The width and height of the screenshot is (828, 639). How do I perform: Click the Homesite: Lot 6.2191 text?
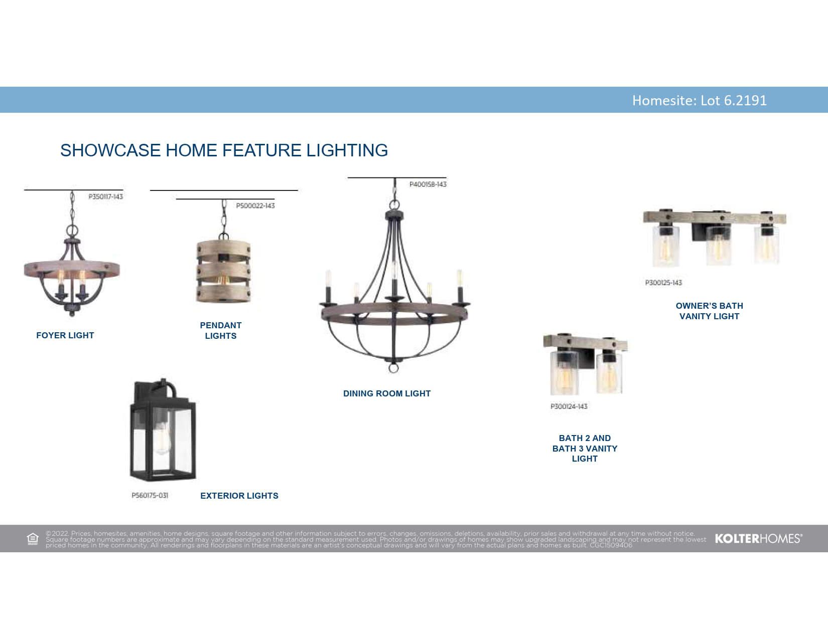pos(699,100)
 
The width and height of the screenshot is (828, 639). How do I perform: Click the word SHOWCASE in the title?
pos(110,150)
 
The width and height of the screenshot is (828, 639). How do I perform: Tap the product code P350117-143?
pos(105,196)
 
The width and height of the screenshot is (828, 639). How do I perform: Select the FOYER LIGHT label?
pos(65,335)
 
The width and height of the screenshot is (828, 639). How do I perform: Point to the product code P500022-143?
pos(255,205)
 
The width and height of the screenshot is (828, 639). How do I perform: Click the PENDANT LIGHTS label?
pos(221,330)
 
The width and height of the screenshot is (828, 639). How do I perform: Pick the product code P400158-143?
pos(428,184)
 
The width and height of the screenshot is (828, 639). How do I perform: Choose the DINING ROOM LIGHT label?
pos(387,393)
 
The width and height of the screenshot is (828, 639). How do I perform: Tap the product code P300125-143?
pos(663,283)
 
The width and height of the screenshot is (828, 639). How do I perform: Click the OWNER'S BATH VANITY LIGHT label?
pos(709,311)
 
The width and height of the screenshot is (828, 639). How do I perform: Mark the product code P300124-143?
pos(569,406)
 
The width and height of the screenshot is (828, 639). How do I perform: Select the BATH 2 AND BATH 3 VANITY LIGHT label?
pos(585,449)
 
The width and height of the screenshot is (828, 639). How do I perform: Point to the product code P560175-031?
pos(150,496)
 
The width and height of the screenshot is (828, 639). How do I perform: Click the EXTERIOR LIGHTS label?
pos(239,496)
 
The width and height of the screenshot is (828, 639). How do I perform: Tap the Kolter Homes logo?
pos(758,539)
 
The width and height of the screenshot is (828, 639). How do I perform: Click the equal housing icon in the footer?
pos(33,539)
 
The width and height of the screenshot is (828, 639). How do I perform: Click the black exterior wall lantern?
pos(163,430)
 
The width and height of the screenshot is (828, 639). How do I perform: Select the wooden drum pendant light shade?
pos(223,271)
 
